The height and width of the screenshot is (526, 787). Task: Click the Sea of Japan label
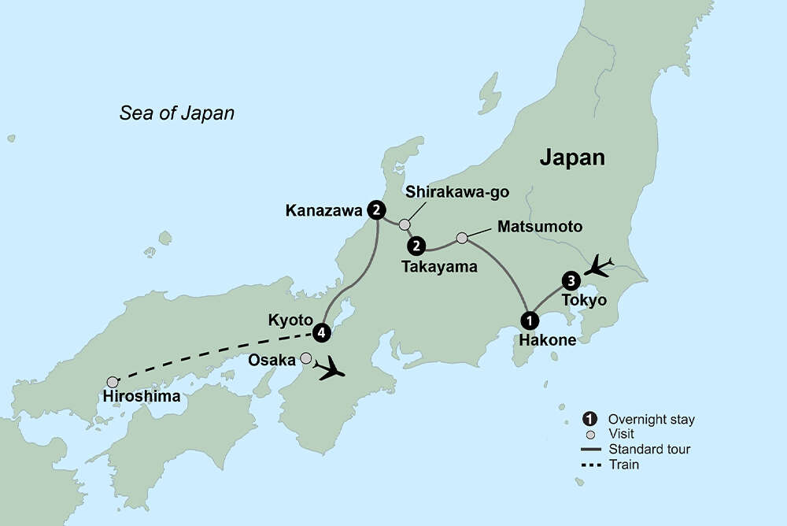coord(177,113)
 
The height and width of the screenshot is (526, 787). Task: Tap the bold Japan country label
coord(572,157)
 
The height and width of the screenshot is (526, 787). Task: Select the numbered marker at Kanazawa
coord(377,210)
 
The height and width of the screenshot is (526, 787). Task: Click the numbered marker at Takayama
coord(416,246)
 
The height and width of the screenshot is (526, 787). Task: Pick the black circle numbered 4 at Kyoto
coord(320,332)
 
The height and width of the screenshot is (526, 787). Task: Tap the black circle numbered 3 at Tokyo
coord(571,280)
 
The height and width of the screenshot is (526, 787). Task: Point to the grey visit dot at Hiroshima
coord(113,381)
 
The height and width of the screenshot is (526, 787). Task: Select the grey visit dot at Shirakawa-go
coord(405,224)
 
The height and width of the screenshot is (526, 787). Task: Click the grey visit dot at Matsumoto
coord(463,237)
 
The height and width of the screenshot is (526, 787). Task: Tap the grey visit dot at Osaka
coord(306,358)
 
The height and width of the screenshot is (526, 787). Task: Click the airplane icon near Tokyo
coord(602,265)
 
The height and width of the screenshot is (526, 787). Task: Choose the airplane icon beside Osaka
coord(331,368)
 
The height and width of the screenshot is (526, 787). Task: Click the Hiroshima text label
coord(141,398)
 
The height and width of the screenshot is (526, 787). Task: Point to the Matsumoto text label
coord(540,227)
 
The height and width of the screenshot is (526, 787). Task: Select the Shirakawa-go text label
coord(445,191)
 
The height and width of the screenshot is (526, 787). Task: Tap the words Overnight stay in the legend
coord(652,419)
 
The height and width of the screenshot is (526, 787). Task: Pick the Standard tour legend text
coord(649,450)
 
